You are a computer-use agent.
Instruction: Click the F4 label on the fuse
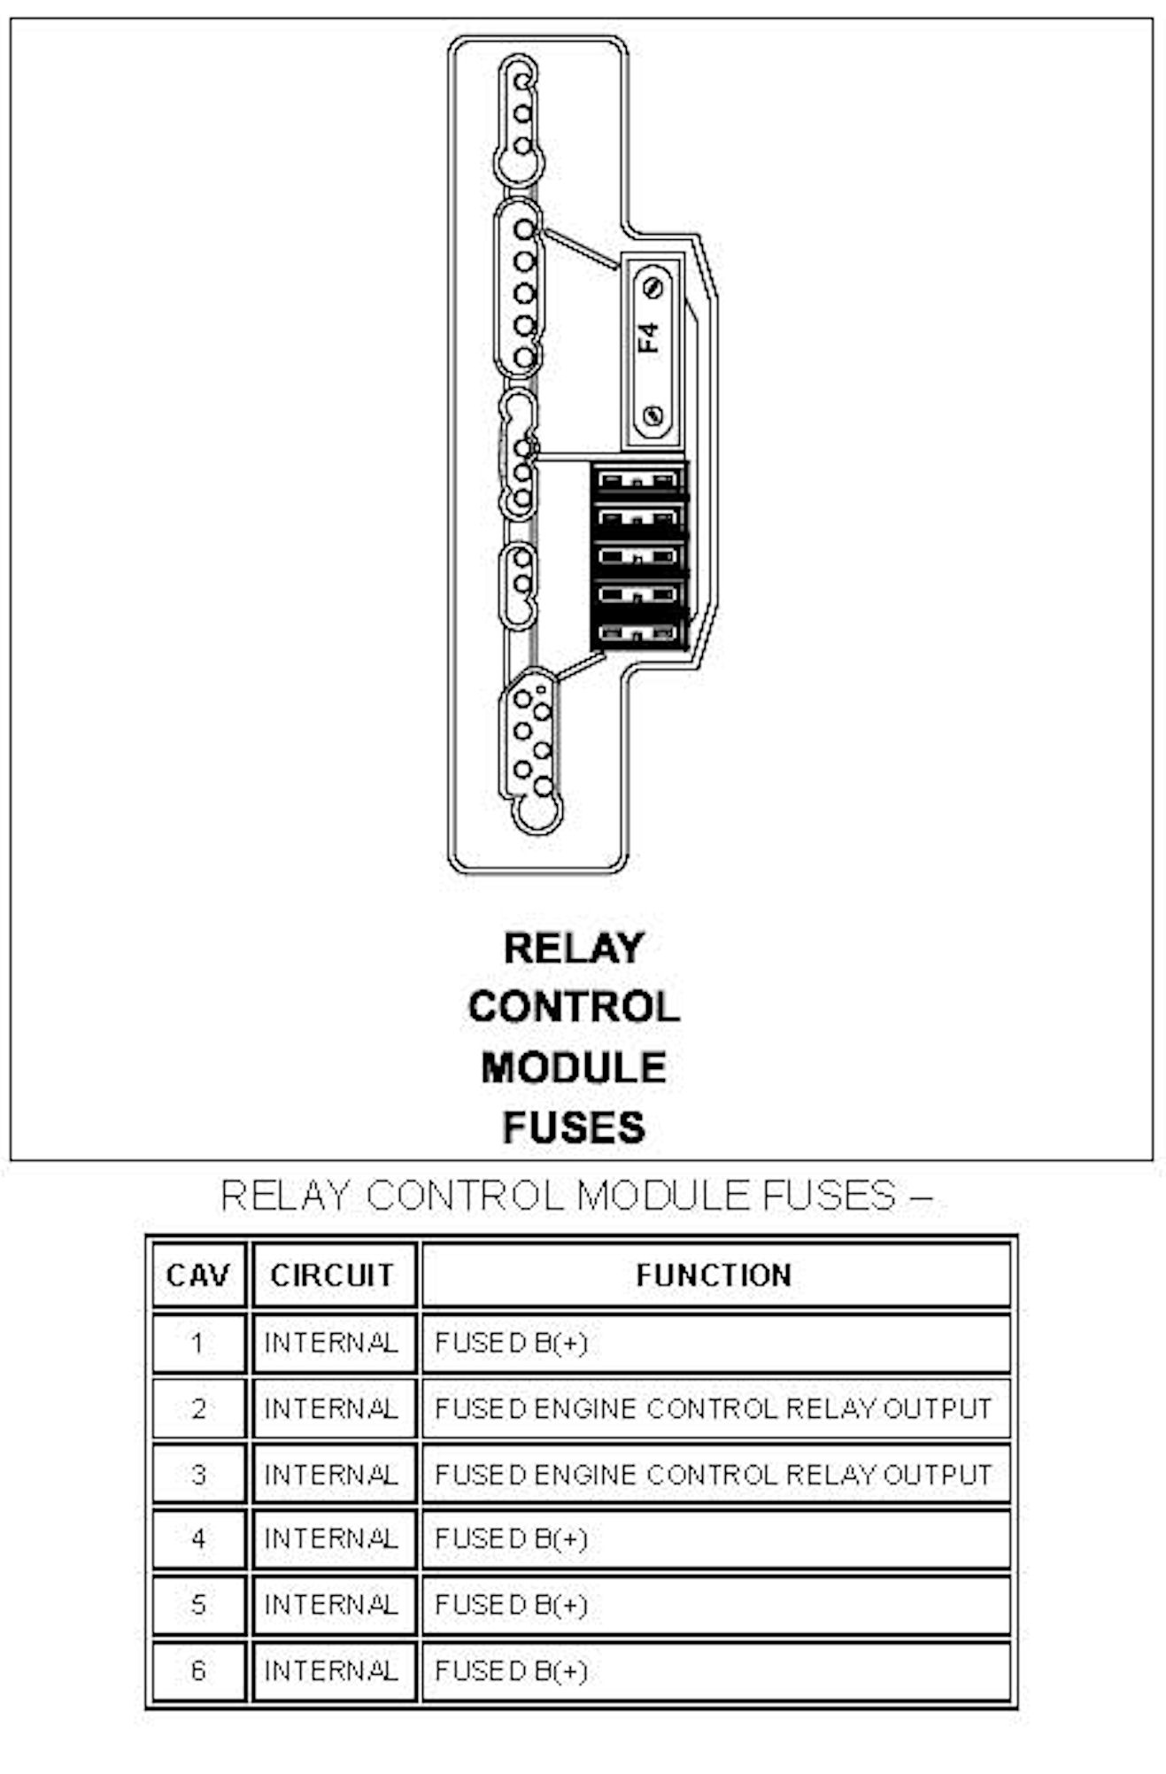[x=650, y=338]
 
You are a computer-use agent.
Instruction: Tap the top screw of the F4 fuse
[x=653, y=289]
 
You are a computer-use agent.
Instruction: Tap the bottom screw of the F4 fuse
[x=653, y=414]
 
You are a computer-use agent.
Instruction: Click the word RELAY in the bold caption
[x=573, y=949]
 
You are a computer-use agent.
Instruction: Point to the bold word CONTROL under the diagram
[x=574, y=1007]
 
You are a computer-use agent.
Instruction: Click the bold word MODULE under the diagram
[x=574, y=1067]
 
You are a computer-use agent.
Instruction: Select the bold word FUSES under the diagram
[x=574, y=1127]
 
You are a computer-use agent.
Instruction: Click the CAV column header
[x=197, y=1275]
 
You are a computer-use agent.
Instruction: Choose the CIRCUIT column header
[x=332, y=1275]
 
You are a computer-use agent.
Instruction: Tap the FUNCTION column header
[x=714, y=1275]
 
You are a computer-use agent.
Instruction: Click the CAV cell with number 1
[x=197, y=1344]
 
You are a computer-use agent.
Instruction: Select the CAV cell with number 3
[x=197, y=1475]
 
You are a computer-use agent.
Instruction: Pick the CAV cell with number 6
[x=197, y=1671]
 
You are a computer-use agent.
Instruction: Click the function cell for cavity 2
[x=714, y=1409]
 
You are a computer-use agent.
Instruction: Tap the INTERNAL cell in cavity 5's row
[x=332, y=1605]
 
